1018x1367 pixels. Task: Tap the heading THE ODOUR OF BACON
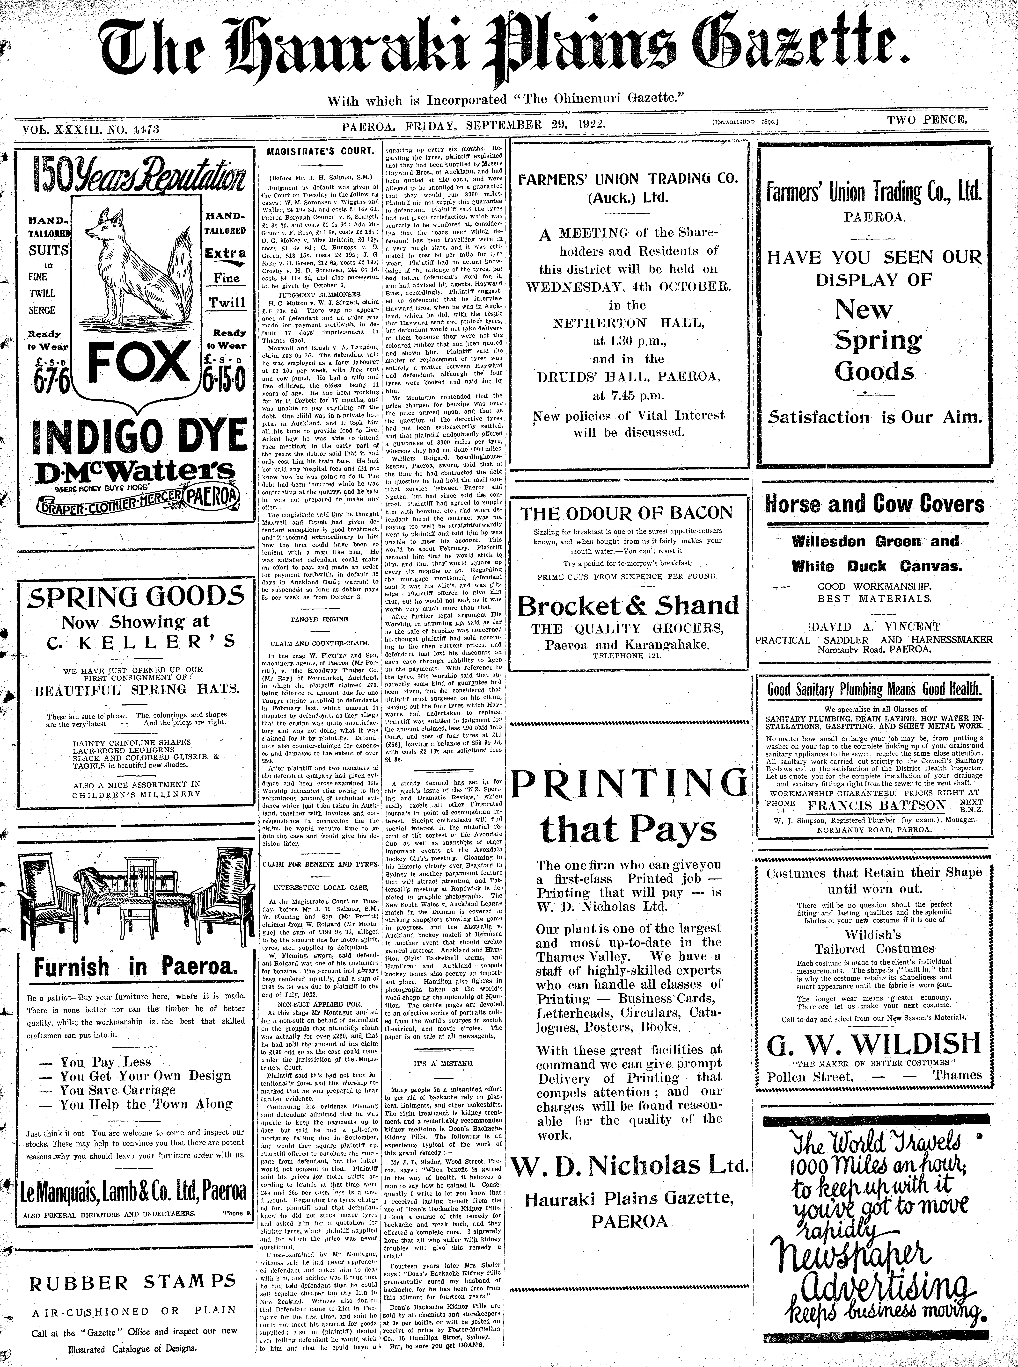tap(627, 513)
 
